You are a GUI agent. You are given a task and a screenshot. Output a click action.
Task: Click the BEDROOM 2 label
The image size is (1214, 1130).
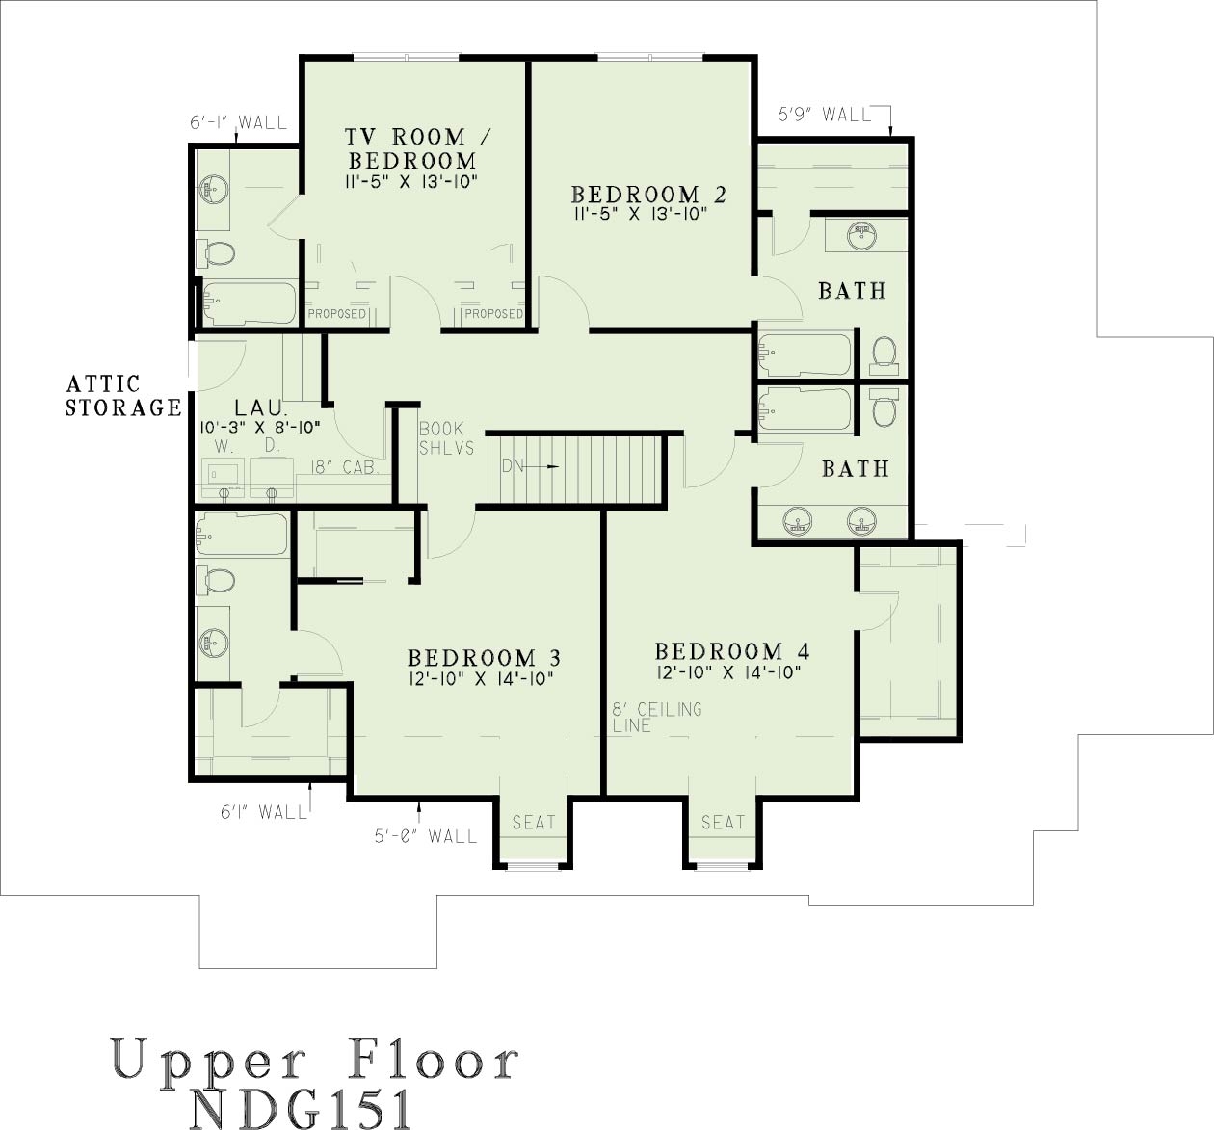(x=647, y=195)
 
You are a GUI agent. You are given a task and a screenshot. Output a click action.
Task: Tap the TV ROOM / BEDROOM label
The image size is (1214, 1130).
(x=411, y=149)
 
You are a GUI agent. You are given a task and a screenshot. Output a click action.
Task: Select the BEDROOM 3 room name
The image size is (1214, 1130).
(x=484, y=658)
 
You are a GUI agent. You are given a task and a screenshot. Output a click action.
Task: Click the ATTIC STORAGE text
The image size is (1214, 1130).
(x=122, y=396)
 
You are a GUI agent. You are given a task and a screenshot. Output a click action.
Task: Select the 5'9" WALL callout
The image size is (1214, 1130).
(x=825, y=115)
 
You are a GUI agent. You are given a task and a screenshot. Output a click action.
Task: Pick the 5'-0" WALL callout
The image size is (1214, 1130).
(x=425, y=836)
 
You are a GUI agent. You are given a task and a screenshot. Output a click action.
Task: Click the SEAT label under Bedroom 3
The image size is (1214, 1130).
(x=534, y=822)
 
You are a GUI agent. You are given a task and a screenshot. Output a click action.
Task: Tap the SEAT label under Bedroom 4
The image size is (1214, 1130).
(x=723, y=822)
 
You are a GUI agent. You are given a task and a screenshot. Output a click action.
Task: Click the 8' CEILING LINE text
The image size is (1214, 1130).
(x=656, y=717)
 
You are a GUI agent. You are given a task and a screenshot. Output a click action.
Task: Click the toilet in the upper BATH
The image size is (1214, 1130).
(x=884, y=353)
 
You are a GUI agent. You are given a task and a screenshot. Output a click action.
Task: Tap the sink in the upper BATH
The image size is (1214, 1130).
(x=863, y=234)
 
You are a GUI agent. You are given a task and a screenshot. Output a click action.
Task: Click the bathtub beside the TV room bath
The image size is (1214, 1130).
(x=250, y=303)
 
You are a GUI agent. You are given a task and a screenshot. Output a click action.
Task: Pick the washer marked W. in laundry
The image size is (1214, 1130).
(x=224, y=474)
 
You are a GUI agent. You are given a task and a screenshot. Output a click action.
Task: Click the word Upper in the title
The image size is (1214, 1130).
(x=208, y=1060)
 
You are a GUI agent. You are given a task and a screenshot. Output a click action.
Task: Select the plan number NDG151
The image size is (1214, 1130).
(x=303, y=1108)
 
